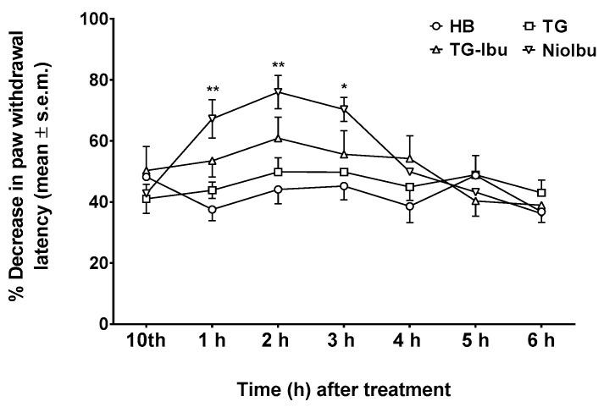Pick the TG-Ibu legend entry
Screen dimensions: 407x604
coord(466,50)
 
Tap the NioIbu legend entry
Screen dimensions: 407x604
coord(549,50)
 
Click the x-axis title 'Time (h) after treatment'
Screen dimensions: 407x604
coord(343,390)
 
